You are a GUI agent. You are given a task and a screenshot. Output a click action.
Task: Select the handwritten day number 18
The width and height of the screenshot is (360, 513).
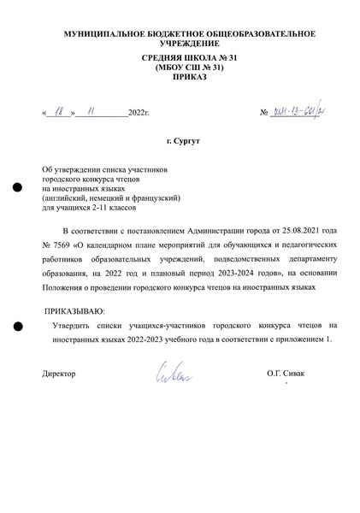point(59,111)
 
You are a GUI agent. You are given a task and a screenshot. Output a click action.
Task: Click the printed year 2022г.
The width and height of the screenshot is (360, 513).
point(138,113)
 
